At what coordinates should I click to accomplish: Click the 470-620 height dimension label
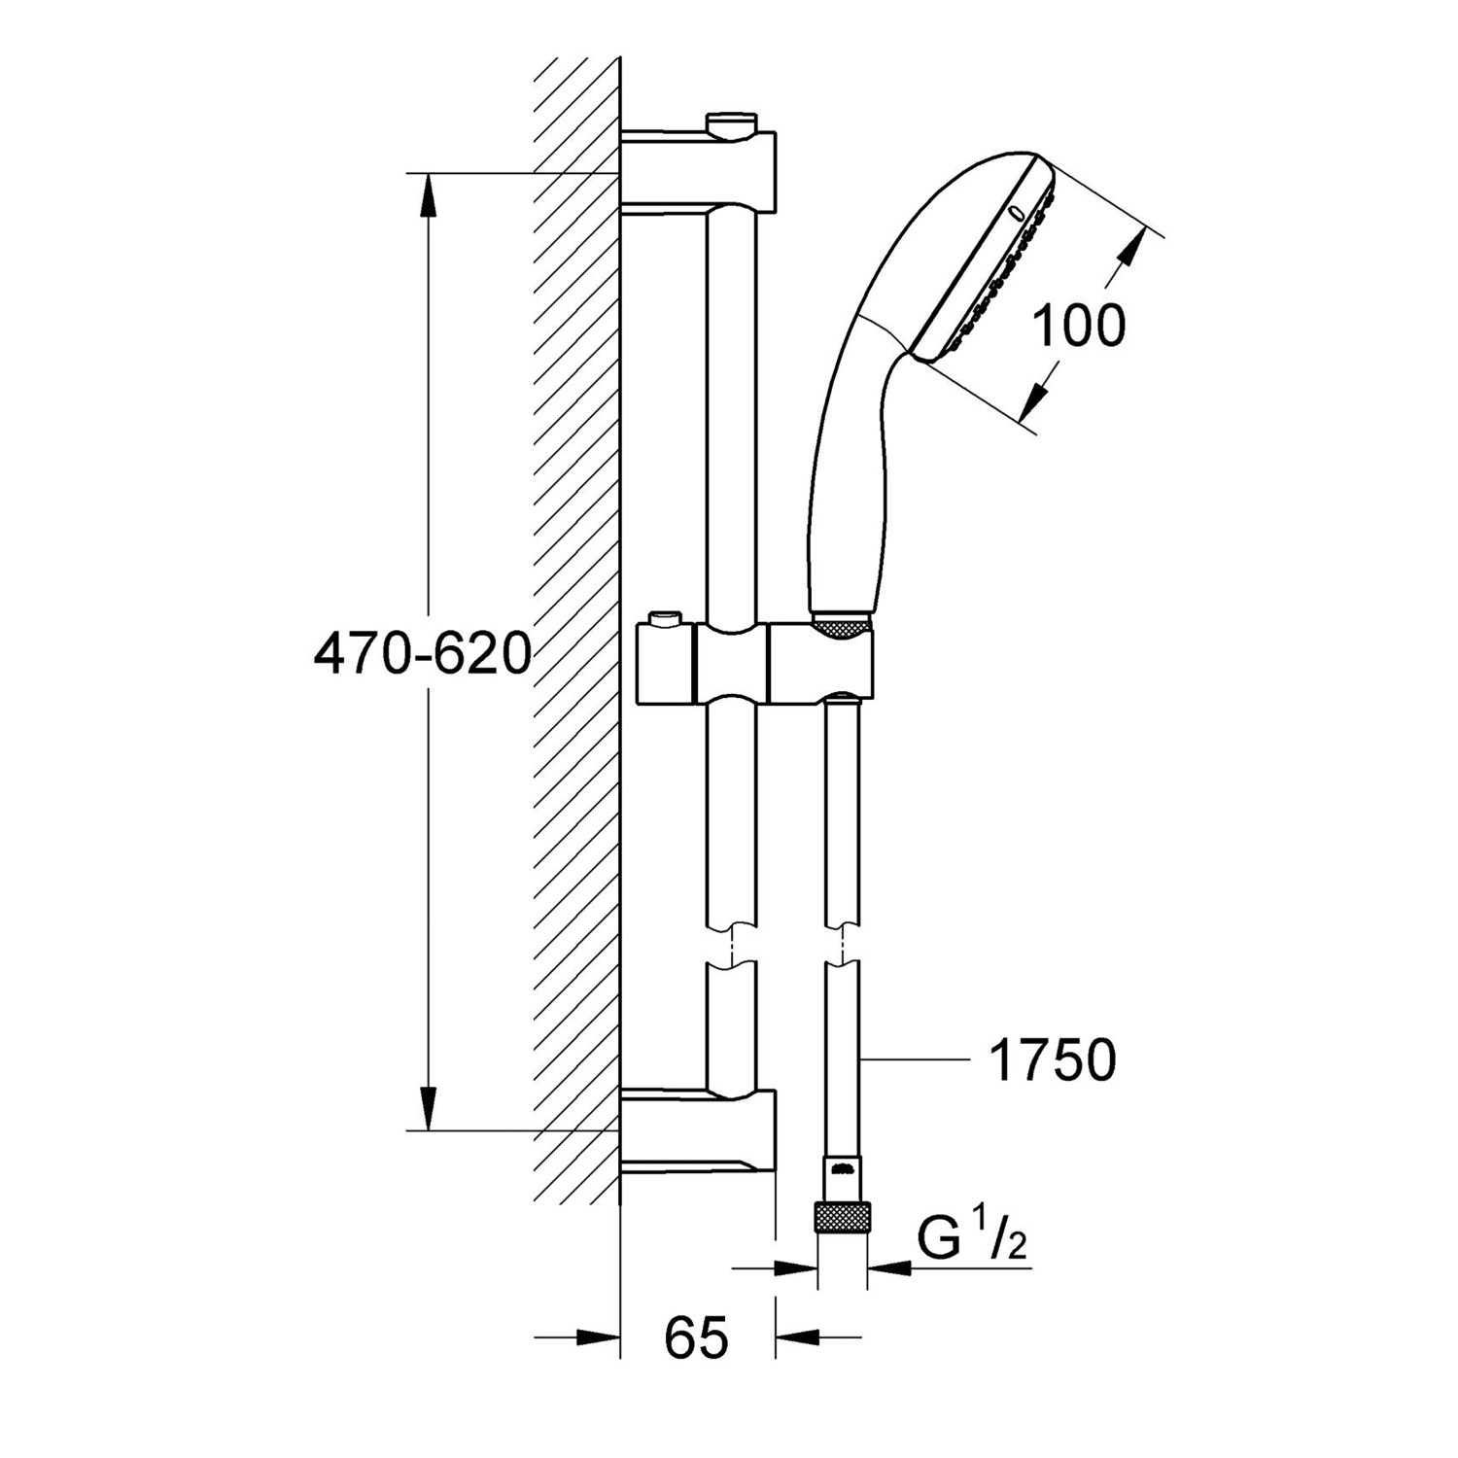pos(423,654)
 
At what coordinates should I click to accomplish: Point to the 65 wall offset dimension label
pos(697,1338)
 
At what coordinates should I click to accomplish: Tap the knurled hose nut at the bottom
pos(842,1217)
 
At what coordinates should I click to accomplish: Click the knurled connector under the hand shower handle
pos(841,626)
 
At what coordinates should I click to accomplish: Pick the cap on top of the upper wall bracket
pos(731,122)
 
